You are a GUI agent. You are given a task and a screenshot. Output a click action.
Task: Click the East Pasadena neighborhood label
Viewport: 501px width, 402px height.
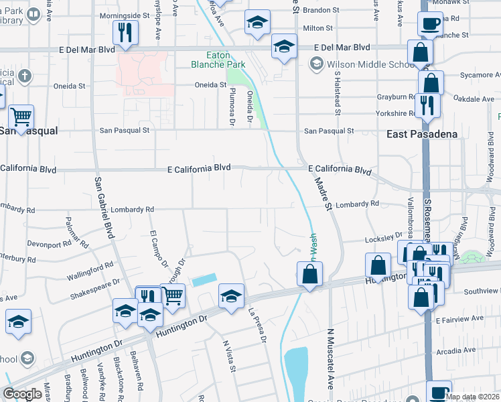point(422,134)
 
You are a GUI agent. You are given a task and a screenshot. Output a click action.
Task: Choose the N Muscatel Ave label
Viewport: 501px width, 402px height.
point(330,359)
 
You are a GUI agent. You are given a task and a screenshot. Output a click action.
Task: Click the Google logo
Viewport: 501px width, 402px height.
point(22,394)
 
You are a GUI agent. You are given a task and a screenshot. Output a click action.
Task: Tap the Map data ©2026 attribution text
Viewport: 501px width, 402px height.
point(473,397)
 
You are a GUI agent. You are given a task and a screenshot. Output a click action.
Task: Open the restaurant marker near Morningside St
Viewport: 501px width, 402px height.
point(125,32)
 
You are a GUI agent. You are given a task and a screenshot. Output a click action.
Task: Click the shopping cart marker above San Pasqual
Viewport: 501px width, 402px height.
point(21,117)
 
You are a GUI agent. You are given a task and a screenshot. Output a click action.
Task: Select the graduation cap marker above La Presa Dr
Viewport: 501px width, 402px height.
point(231,296)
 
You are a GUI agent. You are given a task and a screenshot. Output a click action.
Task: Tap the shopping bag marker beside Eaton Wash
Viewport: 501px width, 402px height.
point(309,274)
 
